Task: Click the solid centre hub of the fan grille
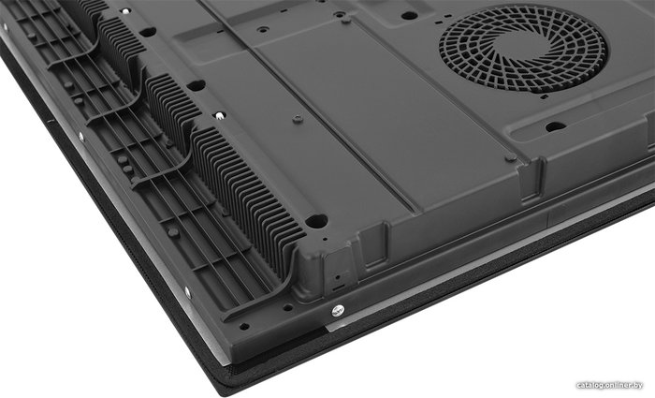tap(523, 49)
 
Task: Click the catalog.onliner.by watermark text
tap(609, 386)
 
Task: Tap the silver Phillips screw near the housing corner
tap(338, 311)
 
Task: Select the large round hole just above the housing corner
tap(316, 221)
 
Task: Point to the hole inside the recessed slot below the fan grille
tap(556, 126)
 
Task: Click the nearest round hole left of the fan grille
tap(410, 16)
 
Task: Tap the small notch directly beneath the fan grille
tap(544, 97)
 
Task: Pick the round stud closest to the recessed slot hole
tap(511, 157)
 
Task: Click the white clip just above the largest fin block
tap(219, 115)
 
